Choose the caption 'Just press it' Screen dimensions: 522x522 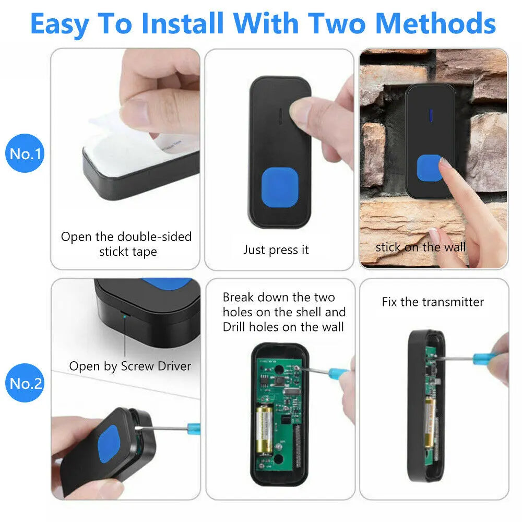tap(276, 250)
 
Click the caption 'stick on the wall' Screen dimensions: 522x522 tap(420, 247)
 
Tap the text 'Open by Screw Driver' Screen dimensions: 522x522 tap(130, 366)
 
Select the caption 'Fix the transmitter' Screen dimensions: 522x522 tap(433, 302)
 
